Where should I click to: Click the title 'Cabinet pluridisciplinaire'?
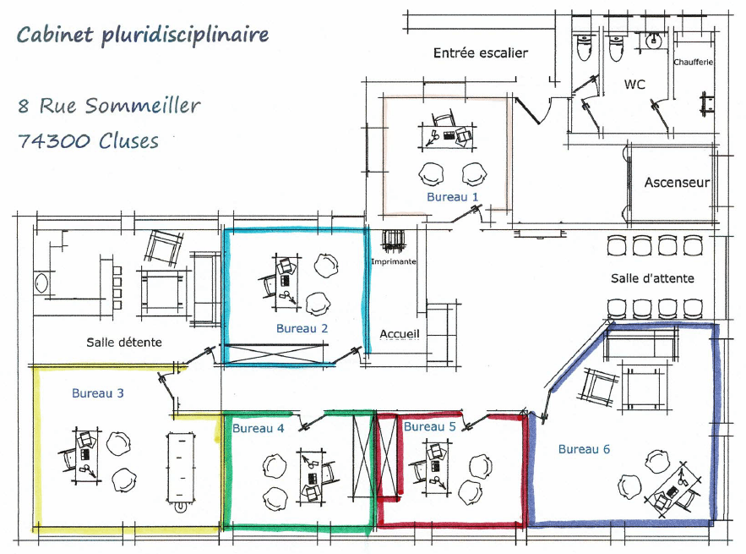pyautogui.click(x=143, y=36)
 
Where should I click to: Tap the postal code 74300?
pyautogui.click(x=54, y=141)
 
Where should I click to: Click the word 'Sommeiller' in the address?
pyautogui.click(x=143, y=105)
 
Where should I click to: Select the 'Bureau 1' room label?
pyautogui.click(x=452, y=197)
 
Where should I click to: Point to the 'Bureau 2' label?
pyautogui.click(x=302, y=328)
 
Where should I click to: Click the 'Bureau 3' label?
pyautogui.click(x=97, y=393)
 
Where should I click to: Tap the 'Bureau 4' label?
pyautogui.click(x=258, y=428)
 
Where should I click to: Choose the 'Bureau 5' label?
pyautogui.click(x=430, y=426)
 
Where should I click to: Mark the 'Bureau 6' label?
pyautogui.click(x=584, y=449)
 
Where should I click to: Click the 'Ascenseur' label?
pyautogui.click(x=677, y=183)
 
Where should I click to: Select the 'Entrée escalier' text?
pyautogui.click(x=481, y=53)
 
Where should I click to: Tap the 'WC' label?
pyautogui.click(x=634, y=85)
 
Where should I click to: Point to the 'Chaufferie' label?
pyautogui.click(x=693, y=62)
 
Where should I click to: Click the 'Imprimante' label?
pyautogui.click(x=394, y=261)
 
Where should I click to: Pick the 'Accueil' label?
pyautogui.click(x=400, y=334)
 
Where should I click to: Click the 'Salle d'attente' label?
pyautogui.click(x=652, y=278)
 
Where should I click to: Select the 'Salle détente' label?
pyautogui.click(x=123, y=342)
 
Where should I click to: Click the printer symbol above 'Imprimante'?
pyautogui.click(x=393, y=241)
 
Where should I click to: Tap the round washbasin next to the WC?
pyautogui.click(x=655, y=41)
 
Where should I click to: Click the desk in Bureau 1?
pyautogui.click(x=447, y=136)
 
